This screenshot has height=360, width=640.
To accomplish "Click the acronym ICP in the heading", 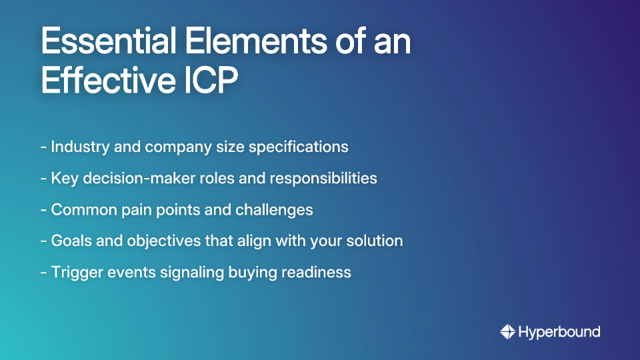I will (x=207, y=81).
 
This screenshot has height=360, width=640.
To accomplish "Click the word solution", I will (x=374, y=241).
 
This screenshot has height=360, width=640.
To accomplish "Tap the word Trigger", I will (x=73, y=272).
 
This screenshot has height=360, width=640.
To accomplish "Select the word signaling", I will (x=187, y=272).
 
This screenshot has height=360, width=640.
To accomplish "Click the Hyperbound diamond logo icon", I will (x=507, y=331).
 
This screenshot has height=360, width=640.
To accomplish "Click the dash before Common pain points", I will (x=43, y=210).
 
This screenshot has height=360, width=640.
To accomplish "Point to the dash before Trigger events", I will (x=43, y=272).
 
